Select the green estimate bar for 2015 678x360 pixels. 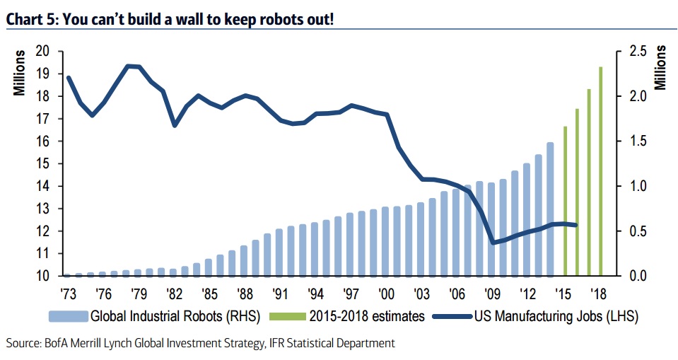[565, 201]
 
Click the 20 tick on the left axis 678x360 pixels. [44, 51]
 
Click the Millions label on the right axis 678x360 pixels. [661, 67]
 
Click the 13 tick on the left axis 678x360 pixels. [44, 209]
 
